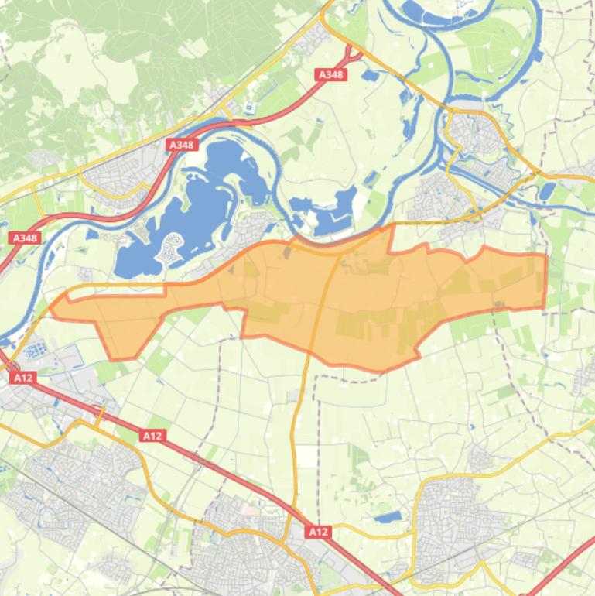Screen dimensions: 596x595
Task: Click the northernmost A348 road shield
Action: (x=331, y=75)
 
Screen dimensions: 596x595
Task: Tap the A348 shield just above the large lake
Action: (x=182, y=145)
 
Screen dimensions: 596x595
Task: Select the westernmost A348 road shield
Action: (x=26, y=238)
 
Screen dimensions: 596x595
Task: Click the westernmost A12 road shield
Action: (x=23, y=378)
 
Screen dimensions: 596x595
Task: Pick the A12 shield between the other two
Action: (x=152, y=436)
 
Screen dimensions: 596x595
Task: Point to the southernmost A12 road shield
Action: (x=318, y=532)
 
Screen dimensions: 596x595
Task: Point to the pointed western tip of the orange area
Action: (x=53, y=307)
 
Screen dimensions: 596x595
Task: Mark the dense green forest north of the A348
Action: (x=116, y=46)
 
